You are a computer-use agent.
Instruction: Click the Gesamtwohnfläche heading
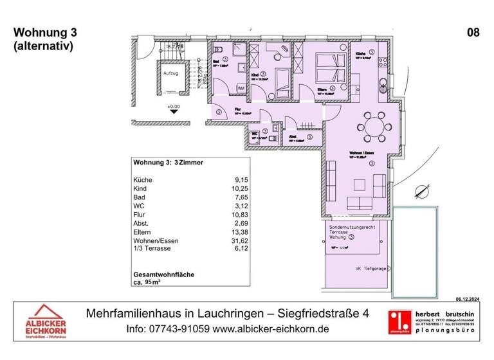coord(163,274)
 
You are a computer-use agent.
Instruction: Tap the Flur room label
coord(237,109)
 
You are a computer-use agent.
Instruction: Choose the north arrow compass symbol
coord(422,190)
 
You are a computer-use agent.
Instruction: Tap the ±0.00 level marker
coord(174,107)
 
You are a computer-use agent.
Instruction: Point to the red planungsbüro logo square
coord(399,320)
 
